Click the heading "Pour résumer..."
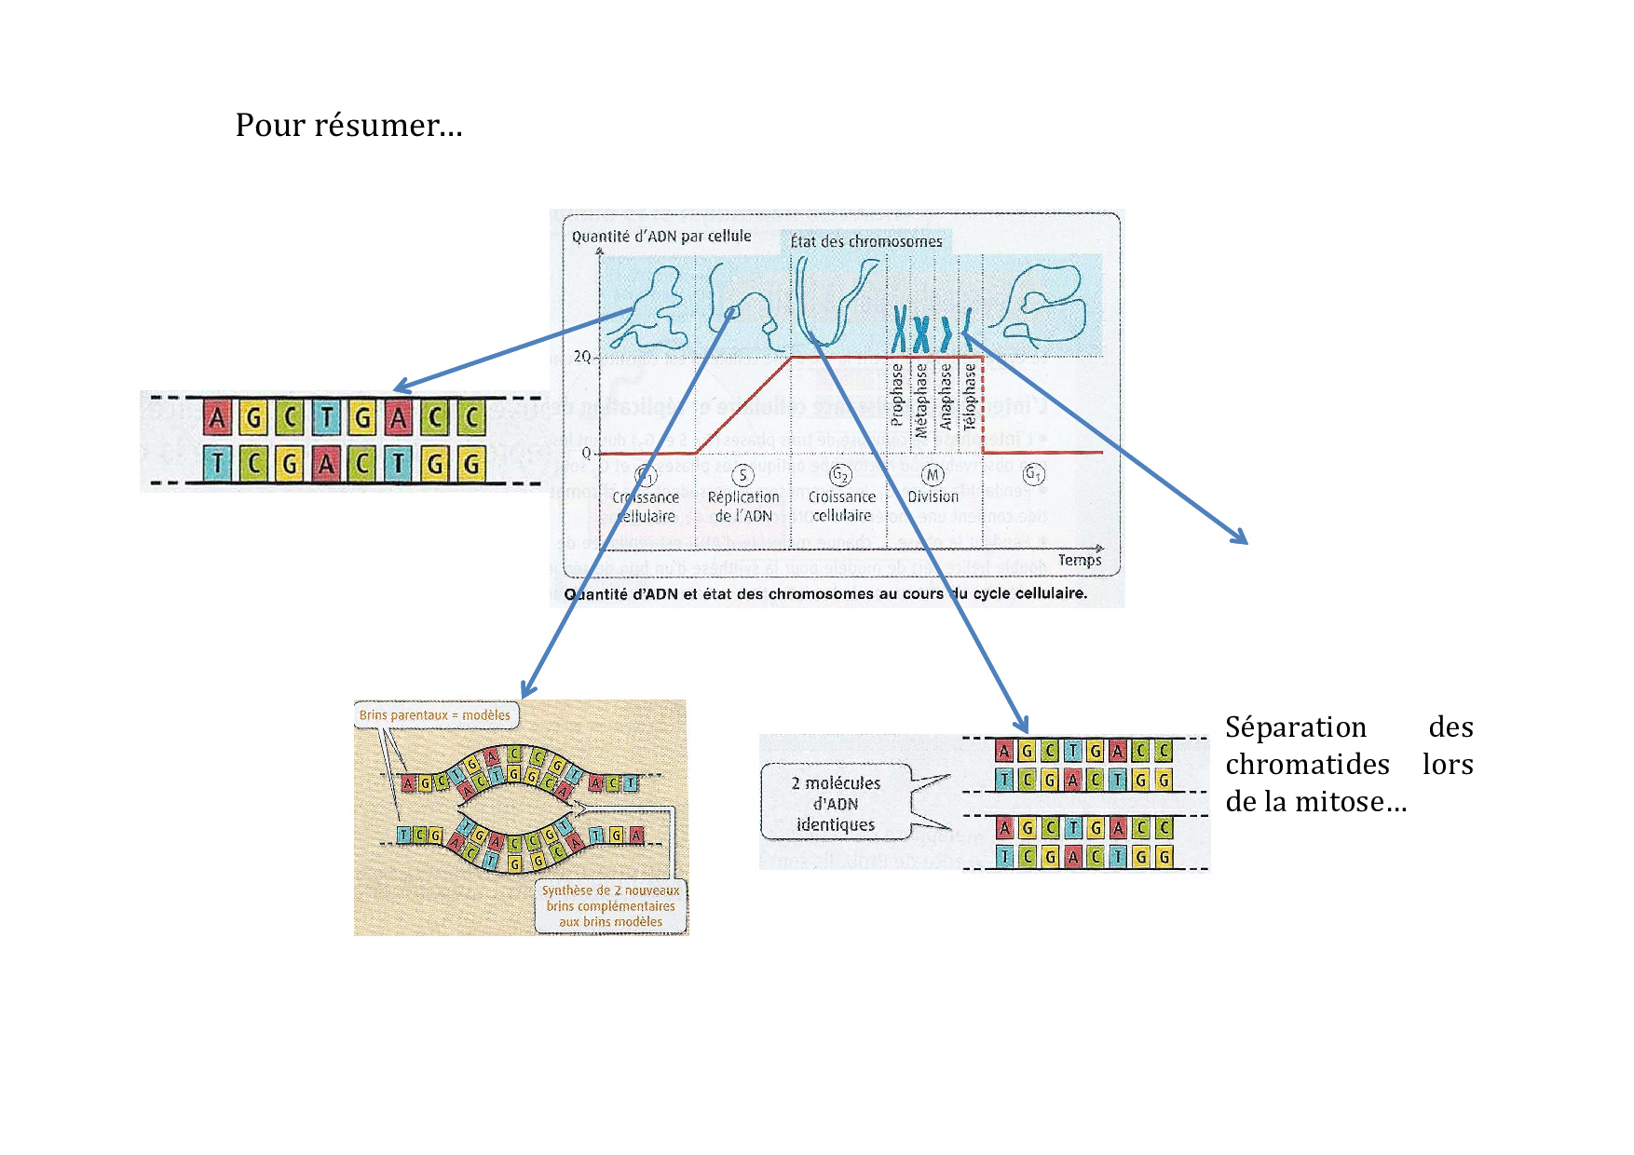click(348, 125)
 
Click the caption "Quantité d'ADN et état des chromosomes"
click(825, 593)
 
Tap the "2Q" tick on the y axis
click(582, 357)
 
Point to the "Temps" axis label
click(1080, 560)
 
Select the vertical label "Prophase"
click(897, 395)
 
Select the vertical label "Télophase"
click(970, 396)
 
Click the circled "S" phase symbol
click(742, 476)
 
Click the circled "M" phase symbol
click(933, 475)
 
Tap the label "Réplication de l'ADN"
click(743, 507)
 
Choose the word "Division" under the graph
click(933, 497)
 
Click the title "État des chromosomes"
click(866, 242)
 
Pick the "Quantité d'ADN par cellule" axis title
click(661, 237)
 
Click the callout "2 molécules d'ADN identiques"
click(836, 804)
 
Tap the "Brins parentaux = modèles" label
click(435, 715)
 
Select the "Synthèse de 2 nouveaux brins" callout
click(611, 906)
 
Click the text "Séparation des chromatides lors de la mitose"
click(1348, 764)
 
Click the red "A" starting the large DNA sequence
click(217, 418)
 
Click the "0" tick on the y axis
click(586, 453)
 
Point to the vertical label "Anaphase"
click(946, 396)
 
